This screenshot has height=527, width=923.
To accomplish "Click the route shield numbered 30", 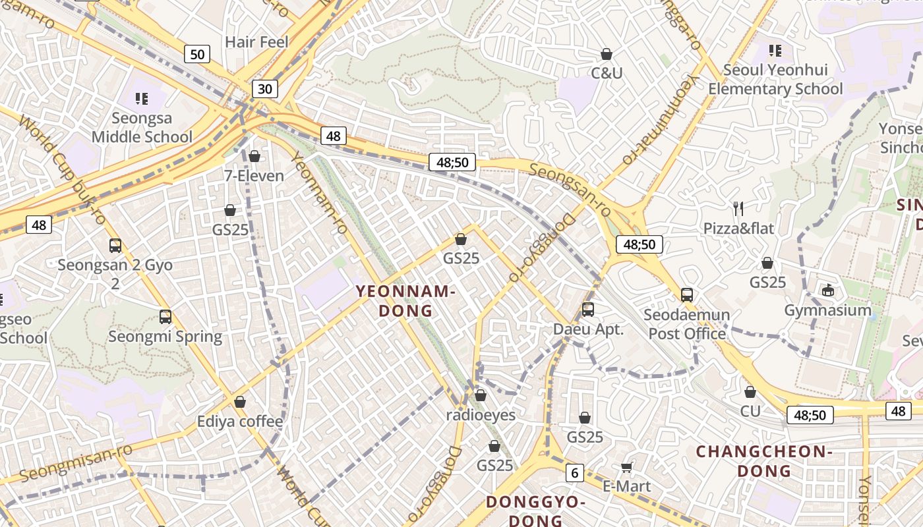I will [x=264, y=89].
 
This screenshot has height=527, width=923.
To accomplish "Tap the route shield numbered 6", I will [x=575, y=472].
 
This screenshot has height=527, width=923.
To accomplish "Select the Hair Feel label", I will [x=257, y=42].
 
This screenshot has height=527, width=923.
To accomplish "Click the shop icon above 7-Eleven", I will [x=254, y=156].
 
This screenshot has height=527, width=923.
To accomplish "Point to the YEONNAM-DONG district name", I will [x=405, y=301].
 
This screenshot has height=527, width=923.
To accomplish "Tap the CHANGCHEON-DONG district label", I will [x=764, y=461].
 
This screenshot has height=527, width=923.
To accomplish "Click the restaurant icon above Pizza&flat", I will [x=738, y=209].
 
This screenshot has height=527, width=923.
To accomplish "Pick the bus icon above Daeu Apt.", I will [x=588, y=309].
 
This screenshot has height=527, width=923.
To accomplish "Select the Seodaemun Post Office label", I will [x=687, y=324].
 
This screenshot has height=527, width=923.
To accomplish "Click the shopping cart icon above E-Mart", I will [x=627, y=467].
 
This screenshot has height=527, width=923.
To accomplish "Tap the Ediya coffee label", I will [x=240, y=422].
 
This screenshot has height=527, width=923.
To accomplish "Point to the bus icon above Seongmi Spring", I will [x=165, y=317].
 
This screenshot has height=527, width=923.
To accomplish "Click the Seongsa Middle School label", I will [x=142, y=128].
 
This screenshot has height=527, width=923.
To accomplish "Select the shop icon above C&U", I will [x=607, y=54].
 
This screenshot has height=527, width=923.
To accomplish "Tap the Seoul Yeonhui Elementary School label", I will [x=775, y=79].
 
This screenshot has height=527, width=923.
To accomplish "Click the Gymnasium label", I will [x=827, y=310].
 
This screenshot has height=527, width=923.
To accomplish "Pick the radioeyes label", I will [x=481, y=415].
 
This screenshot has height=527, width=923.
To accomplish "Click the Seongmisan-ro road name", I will [x=76, y=463].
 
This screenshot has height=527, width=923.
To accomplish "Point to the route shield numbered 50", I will [x=197, y=54].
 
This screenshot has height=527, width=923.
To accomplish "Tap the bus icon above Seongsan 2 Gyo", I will [x=115, y=246].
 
